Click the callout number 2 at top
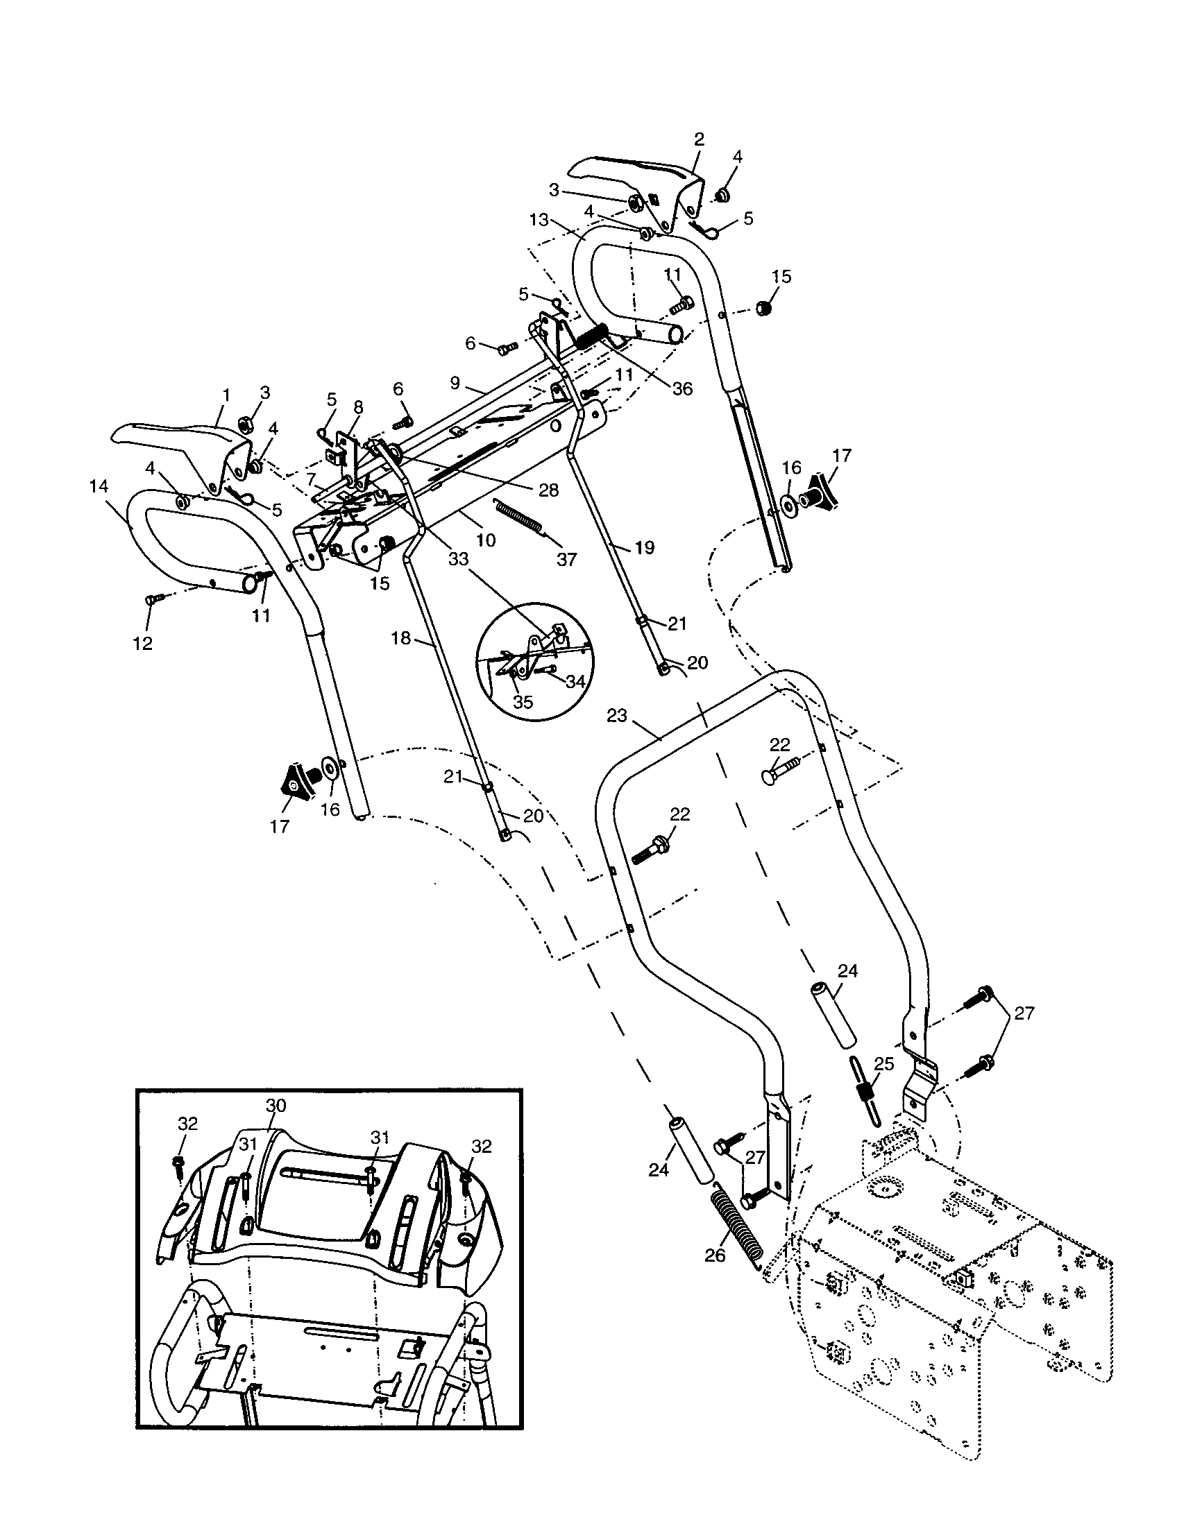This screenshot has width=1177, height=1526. point(699,138)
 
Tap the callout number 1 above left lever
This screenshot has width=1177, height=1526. point(226,395)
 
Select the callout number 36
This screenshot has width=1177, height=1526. point(682,388)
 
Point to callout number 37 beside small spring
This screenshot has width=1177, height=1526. point(566,559)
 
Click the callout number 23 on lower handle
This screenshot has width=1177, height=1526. point(618,716)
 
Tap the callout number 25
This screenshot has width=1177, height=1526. point(884,1064)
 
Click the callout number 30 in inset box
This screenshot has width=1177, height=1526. point(276,1106)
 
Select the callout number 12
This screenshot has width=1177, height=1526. point(142,643)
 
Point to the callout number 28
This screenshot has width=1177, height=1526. point(549,490)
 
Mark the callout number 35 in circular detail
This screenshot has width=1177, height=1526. point(523,702)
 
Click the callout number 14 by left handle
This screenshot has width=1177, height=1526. point(99,486)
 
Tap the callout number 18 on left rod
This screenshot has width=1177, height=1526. point(400,638)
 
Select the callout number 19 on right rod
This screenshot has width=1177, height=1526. point(644,547)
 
